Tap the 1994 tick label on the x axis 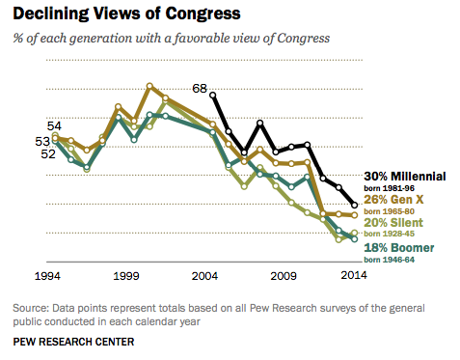point(49,276)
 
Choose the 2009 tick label point(284,276)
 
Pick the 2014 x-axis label point(354,276)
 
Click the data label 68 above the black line point(201,88)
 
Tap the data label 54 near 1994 point(55,126)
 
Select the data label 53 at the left point(41,141)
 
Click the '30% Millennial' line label point(405,177)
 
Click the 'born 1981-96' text point(392,188)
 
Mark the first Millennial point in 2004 point(212,95)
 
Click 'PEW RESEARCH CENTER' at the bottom point(73,342)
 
